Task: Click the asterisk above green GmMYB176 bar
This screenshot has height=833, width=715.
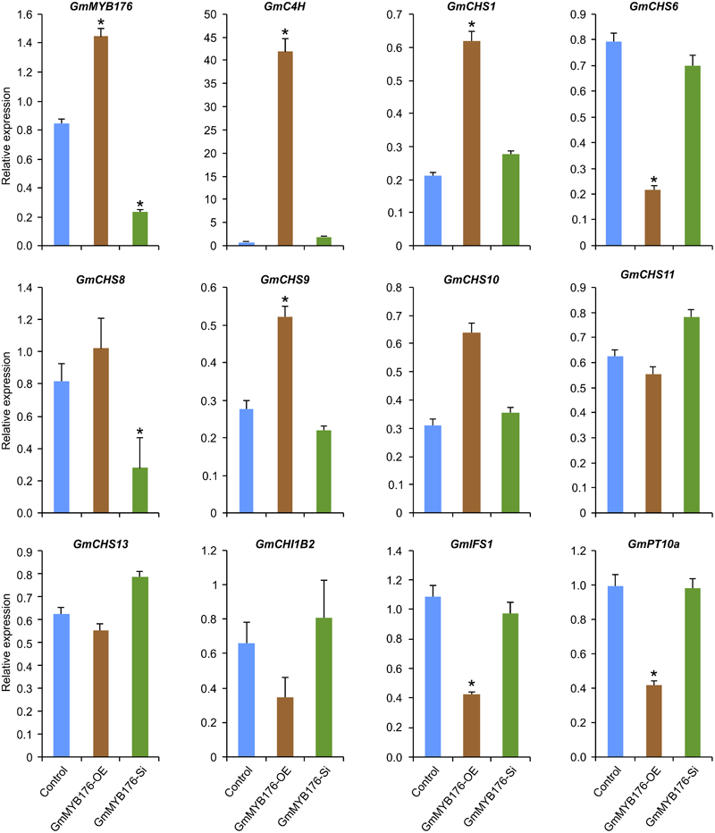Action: [x=139, y=204]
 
